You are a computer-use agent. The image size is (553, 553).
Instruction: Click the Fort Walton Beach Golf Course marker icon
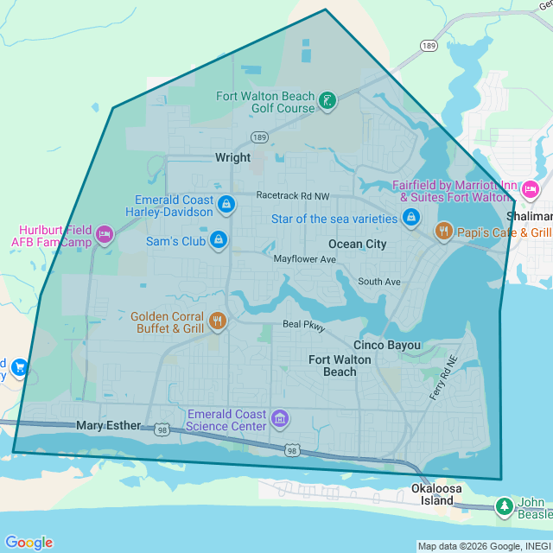[x=327, y=101]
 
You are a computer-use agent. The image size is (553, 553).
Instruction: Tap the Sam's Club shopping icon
[x=219, y=239]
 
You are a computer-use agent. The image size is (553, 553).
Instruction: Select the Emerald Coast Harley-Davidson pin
[x=226, y=204]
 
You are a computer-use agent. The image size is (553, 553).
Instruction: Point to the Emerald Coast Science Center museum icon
[x=279, y=419]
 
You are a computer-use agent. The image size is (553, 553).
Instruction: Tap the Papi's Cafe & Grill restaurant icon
[x=442, y=231]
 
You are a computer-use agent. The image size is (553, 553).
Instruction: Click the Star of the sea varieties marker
[x=410, y=218]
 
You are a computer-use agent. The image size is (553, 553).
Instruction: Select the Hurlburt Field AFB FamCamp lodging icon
[x=105, y=234]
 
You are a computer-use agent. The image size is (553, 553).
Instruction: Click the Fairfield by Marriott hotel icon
[x=530, y=189]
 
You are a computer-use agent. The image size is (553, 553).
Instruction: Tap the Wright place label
[x=232, y=157]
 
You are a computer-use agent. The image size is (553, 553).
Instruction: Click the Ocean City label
[x=357, y=244]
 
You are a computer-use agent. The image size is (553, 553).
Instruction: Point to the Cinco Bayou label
[x=387, y=345]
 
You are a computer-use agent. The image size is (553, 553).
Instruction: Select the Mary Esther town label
[x=108, y=425]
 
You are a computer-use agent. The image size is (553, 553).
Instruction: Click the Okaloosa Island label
[x=432, y=494]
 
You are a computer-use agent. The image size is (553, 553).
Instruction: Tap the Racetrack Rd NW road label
[x=293, y=196]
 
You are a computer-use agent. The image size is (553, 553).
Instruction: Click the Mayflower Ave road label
[x=304, y=259]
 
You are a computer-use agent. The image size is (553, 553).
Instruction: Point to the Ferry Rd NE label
[x=442, y=378]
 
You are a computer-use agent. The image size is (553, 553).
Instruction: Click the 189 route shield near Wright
[x=259, y=137]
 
